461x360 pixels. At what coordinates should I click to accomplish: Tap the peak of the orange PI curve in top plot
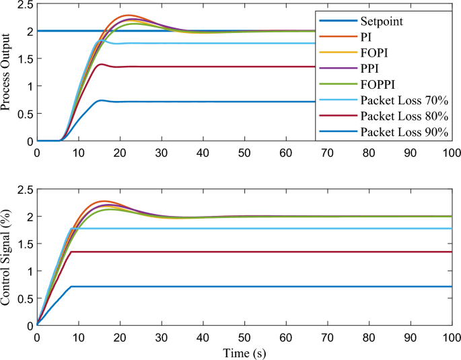pos(128,15)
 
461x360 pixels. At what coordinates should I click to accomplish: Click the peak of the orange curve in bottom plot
pos(104,201)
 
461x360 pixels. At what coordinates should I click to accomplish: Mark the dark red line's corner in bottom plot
pos(71,252)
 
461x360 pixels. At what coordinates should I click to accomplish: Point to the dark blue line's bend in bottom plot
pos(71,287)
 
